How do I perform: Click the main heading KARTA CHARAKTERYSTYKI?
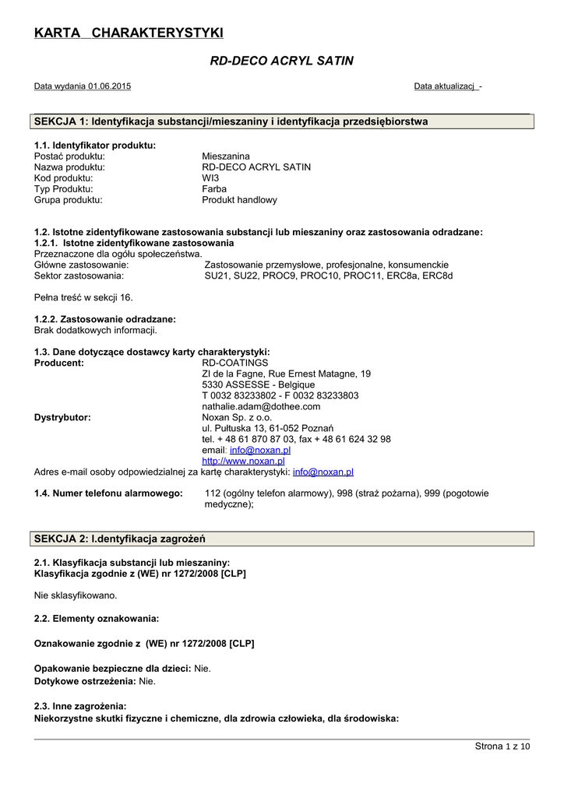point(129,32)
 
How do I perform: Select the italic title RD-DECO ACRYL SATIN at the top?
point(282,61)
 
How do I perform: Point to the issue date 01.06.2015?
point(110,86)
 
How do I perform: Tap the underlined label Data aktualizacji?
point(445,86)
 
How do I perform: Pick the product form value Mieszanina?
point(226,156)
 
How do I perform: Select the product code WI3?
point(210,177)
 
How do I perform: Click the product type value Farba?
point(214,188)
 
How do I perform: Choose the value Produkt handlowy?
point(239,199)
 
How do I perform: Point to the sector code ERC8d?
point(437,276)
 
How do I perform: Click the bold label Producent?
point(59,363)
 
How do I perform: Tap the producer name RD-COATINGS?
point(234,363)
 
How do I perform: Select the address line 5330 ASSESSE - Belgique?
point(259,384)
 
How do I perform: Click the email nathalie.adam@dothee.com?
point(261,406)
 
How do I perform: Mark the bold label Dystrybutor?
point(62,417)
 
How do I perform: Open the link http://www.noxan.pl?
point(243,461)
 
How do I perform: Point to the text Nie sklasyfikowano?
point(76,595)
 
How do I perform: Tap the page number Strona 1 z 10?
point(502,746)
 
